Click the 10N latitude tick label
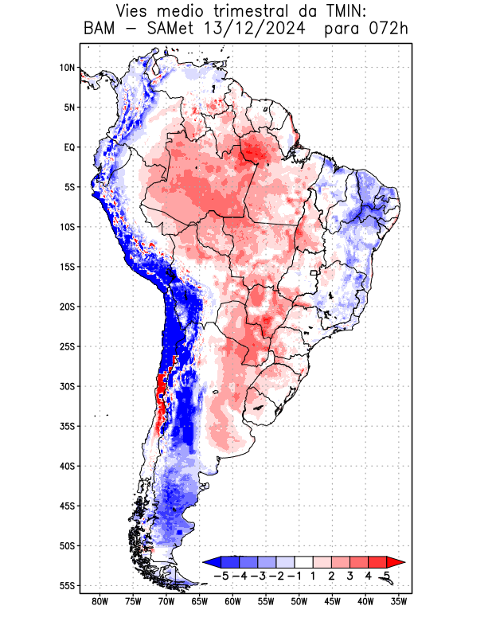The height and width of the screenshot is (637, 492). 67,68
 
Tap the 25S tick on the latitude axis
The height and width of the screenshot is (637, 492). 67,346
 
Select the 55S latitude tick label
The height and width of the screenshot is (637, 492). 67,585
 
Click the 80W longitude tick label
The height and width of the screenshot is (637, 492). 100,601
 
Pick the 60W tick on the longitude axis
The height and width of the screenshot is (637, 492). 233,601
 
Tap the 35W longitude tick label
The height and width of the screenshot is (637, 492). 399,601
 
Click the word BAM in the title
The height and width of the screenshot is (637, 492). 100,29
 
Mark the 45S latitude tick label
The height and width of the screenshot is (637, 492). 67,506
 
